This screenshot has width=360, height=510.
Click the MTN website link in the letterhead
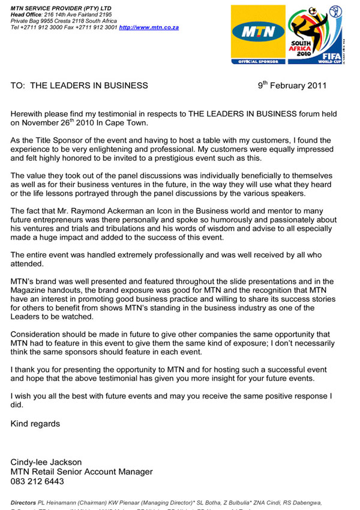[x=148, y=28]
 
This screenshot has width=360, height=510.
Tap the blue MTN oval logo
[x=259, y=31]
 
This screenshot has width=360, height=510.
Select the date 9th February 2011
[x=292, y=85]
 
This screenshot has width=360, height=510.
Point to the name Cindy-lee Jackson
[x=46, y=462]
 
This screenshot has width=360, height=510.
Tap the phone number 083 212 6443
[x=37, y=481]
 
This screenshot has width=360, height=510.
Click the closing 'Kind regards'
[x=35, y=424]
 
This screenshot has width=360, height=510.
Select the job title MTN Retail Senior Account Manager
[x=82, y=472]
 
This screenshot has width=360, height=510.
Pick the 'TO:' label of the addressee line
[x=18, y=85]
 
